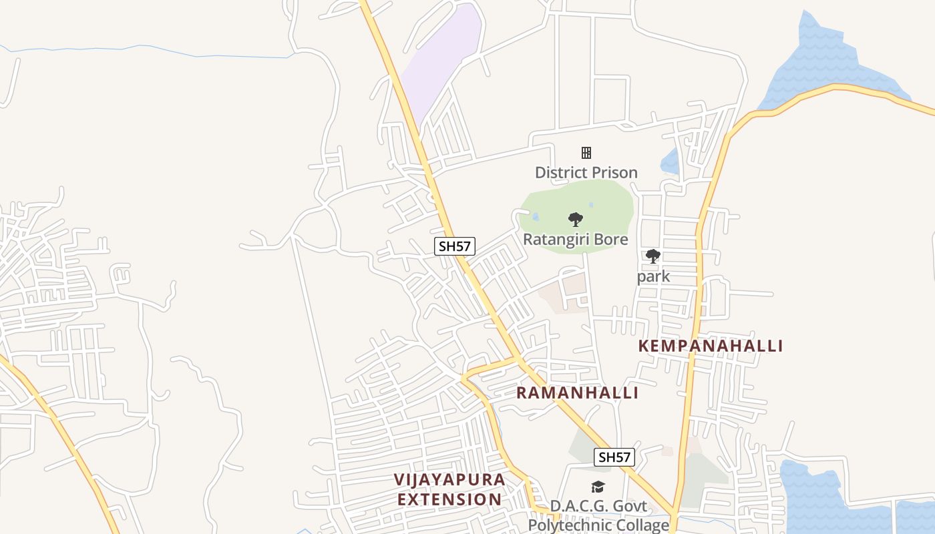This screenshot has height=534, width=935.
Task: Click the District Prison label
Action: coord(586,172)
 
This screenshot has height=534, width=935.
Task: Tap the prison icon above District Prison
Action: coord(586,153)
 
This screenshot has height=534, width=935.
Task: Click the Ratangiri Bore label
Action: coord(575,239)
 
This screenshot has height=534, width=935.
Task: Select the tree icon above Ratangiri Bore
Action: coord(575,219)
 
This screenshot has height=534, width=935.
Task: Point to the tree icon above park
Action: coord(653,256)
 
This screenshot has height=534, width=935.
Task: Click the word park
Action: coord(653,276)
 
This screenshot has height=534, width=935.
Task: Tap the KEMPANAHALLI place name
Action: coord(710,346)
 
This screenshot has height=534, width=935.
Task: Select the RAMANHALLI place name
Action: coord(577,392)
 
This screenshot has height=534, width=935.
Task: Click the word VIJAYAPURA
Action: coord(449,479)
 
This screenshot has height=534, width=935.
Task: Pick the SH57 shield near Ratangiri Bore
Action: coord(454,246)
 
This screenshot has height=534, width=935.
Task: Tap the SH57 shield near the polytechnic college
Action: coord(614,457)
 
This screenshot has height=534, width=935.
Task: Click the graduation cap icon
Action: coord(597,487)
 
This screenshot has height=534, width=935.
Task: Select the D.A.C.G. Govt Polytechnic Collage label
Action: coord(598,515)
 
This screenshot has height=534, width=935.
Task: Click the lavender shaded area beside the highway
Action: coord(441,60)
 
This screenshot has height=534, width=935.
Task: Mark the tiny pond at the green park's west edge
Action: coord(536,216)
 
